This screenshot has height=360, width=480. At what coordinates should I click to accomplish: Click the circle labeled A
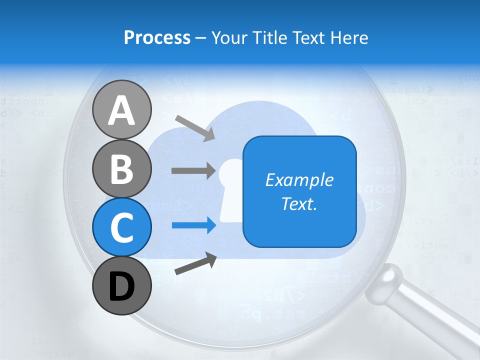point(122,109)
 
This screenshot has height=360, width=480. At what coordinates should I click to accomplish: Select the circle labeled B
point(122,168)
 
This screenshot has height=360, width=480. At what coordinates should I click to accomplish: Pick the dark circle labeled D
point(122,285)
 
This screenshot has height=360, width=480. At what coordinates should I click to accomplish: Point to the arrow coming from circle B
point(193,170)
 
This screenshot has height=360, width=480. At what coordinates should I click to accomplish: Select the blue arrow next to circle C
point(194,225)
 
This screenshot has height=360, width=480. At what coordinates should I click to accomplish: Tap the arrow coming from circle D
point(195,263)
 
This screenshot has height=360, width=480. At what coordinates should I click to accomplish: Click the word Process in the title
point(157,37)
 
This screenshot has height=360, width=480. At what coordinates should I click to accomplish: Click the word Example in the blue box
point(299,180)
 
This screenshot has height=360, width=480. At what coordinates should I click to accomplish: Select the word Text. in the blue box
point(299,203)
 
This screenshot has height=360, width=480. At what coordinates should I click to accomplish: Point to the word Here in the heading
point(350,37)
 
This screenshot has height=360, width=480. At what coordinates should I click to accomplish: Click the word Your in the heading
point(228,37)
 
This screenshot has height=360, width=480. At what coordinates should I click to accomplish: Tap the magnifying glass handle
point(430,315)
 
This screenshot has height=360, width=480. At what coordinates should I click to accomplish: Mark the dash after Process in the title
point(200,38)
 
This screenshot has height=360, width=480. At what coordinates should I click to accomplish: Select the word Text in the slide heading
point(306,37)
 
